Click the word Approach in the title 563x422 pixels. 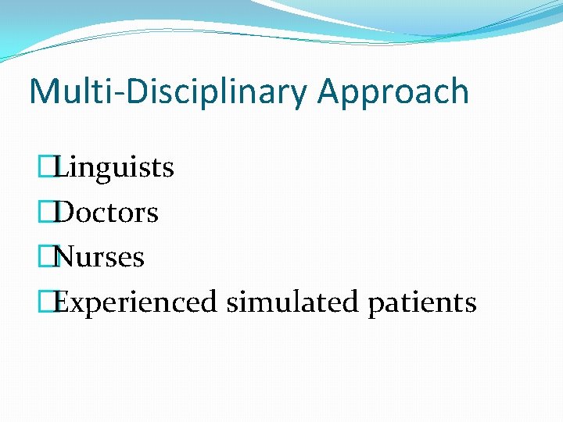click(x=393, y=92)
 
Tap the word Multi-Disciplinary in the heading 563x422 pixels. click(x=169, y=92)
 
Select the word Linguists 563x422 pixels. click(x=115, y=166)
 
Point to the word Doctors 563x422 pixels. click(x=107, y=212)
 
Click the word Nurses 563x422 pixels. click(x=100, y=256)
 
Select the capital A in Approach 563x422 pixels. click(x=329, y=91)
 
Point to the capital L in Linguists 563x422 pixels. click(x=63, y=166)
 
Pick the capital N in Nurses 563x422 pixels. click(x=66, y=256)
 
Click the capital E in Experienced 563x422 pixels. click(x=63, y=302)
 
